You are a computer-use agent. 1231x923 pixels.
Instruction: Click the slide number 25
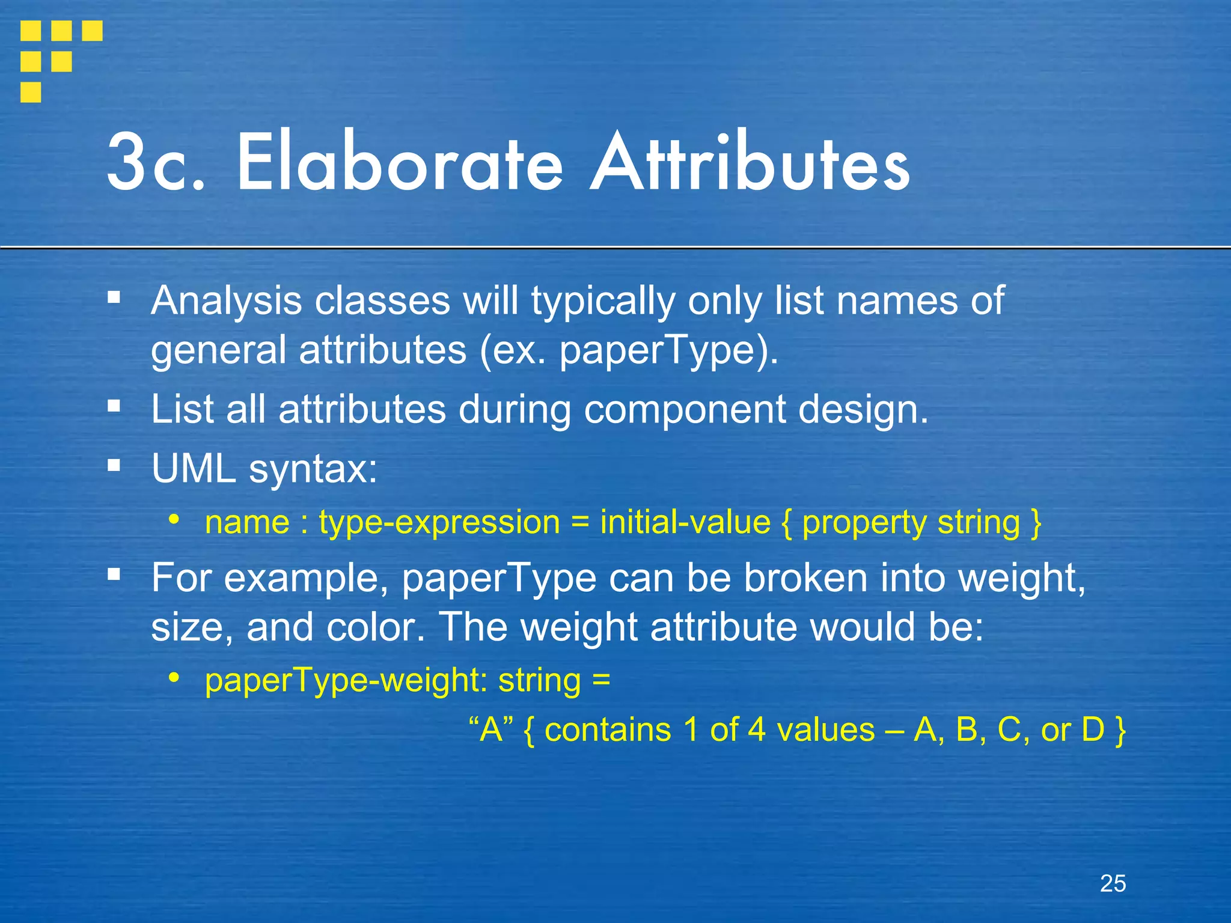coord(1113,883)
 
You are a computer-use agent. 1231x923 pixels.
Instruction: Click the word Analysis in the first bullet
coord(226,300)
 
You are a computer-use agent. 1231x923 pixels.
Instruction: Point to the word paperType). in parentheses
coord(669,350)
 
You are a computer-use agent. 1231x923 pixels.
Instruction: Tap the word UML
coord(194,468)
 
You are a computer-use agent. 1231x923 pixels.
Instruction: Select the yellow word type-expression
coord(439,522)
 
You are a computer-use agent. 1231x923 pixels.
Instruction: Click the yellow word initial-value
coord(685,522)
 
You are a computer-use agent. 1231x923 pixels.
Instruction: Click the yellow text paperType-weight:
coord(346,681)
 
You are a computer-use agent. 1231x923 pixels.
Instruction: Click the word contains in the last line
coord(607,730)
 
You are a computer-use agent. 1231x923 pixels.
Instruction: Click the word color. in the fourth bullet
coord(372,627)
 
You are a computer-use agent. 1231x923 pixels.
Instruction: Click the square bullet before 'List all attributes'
coord(114,406)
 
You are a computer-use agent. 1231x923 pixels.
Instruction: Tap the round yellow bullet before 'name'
coord(174,519)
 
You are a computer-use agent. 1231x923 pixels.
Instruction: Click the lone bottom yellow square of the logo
coord(31,93)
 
